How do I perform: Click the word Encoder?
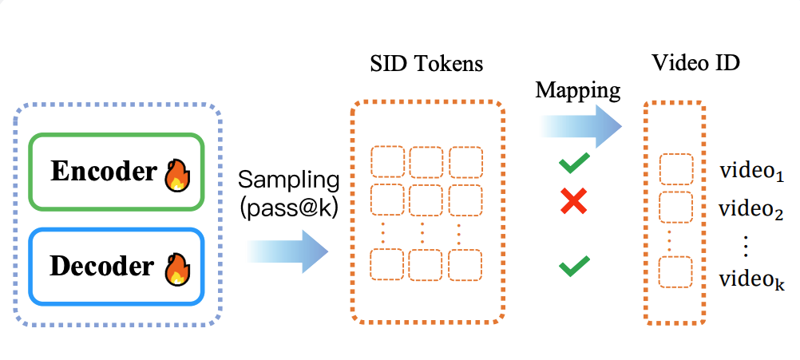[103, 172]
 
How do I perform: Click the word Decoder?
[102, 267]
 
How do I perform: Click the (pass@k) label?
[289, 209]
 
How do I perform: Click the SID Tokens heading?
[426, 64]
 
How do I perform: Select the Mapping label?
[577, 91]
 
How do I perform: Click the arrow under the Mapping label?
[580, 126]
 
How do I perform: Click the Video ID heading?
[696, 63]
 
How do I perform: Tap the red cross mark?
[573, 200]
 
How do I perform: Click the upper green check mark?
[574, 163]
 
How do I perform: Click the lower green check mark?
[574, 266]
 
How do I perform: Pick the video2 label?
[751, 208]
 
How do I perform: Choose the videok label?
[751, 279]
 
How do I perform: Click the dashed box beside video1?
[676, 170]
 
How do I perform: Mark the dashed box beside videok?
[676, 272]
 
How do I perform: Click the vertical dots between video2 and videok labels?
[746, 247]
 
